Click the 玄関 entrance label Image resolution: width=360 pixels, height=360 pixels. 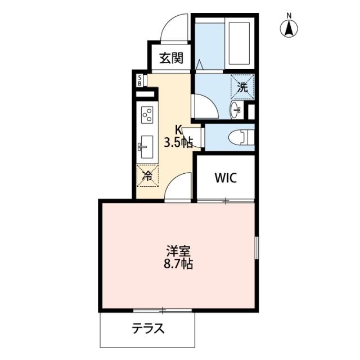(x=172, y=58)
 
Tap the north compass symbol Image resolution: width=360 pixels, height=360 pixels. (x=289, y=28)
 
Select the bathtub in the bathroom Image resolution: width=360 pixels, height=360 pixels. (x=240, y=43)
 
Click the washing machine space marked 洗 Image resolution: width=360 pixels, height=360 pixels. (x=242, y=87)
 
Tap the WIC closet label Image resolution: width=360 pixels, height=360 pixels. (x=226, y=178)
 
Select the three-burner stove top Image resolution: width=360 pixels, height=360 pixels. (x=147, y=114)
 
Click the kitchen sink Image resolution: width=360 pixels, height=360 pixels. (x=146, y=147)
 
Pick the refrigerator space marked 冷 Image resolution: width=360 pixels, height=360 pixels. (x=147, y=175)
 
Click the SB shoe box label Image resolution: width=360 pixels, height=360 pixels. (x=139, y=80)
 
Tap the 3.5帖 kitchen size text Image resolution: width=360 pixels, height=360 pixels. (x=178, y=143)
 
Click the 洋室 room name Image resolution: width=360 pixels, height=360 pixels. (x=178, y=251)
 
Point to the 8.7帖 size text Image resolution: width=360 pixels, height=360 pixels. (x=178, y=264)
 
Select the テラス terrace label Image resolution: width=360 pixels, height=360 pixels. (x=148, y=328)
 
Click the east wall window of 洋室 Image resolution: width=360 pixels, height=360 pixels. (x=256, y=248)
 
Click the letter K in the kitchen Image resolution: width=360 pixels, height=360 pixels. (x=178, y=130)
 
